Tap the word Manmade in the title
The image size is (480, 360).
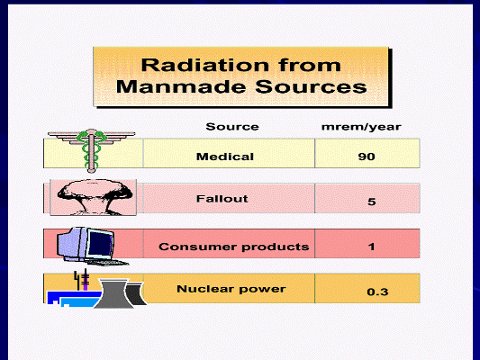pyautogui.click(x=181, y=86)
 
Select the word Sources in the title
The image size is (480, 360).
pyautogui.click(x=311, y=86)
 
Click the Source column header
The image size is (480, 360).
pyautogui.click(x=232, y=127)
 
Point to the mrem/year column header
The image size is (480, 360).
pyautogui.click(x=361, y=127)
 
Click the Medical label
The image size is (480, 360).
pyautogui.click(x=225, y=157)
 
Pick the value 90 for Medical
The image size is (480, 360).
pyautogui.click(x=367, y=157)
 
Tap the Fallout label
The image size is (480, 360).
pyautogui.click(x=222, y=199)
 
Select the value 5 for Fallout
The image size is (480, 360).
pyautogui.click(x=371, y=202)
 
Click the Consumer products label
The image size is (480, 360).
pyautogui.click(x=234, y=247)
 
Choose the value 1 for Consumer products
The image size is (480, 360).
pyautogui.click(x=371, y=247)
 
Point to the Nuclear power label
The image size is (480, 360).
pyautogui.click(x=231, y=289)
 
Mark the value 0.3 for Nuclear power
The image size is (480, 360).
pyautogui.click(x=377, y=292)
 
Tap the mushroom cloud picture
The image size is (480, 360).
pyautogui.click(x=94, y=198)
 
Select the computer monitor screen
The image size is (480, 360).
pyautogui.click(x=99, y=245)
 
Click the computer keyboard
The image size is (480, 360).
pyautogui.click(x=107, y=262)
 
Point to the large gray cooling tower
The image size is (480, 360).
pyautogui.click(x=113, y=294)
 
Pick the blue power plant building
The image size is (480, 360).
pyautogui.click(x=74, y=299)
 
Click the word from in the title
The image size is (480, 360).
pyautogui.click(x=310, y=65)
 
